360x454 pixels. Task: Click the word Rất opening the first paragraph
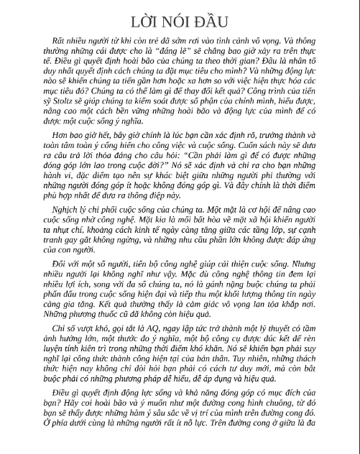[x=51, y=43]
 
